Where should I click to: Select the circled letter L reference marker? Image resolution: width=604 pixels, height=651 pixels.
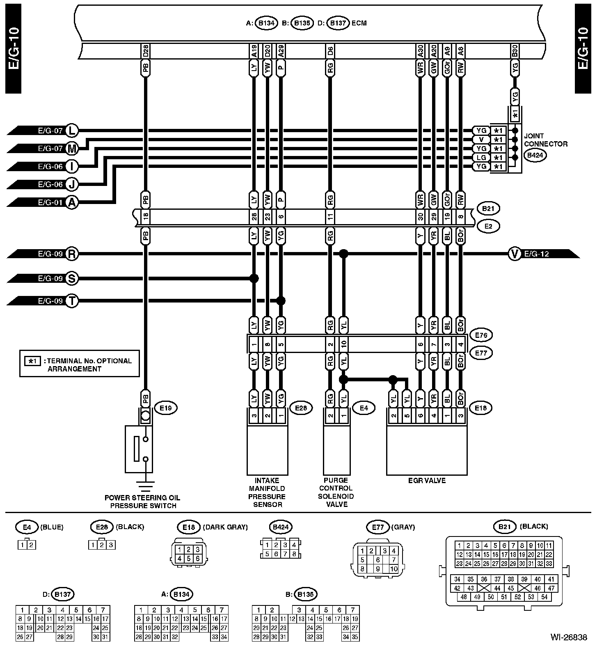pyautogui.click(x=72, y=131)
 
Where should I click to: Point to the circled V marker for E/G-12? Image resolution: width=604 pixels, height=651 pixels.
pyautogui.click(x=515, y=254)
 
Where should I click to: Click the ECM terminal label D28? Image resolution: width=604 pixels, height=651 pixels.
pyautogui.click(x=146, y=51)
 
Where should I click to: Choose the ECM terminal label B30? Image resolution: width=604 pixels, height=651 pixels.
pyautogui.click(x=515, y=51)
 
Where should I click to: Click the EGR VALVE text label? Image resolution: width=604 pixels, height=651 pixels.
pyautogui.click(x=427, y=481)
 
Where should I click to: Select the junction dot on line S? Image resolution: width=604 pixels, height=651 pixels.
pyautogui.click(x=254, y=279)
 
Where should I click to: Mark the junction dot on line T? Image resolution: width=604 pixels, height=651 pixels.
pyautogui.click(x=281, y=301)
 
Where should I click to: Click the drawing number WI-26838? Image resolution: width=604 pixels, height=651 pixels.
pyautogui.click(x=569, y=637)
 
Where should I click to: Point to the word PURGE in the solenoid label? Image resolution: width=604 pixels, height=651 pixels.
pyautogui.click(x=336, y=480)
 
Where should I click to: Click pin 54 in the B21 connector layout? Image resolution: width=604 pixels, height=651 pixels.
pyautogui.click(x=544, y=597)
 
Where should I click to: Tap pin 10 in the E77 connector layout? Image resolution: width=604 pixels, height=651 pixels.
pyautogui.click(x=394, y=569)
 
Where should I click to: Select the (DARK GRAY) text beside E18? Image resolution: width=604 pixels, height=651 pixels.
pyautogui.click(x=226, y=527)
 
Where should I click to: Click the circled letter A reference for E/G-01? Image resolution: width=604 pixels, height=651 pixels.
pyautogui.click(x=72, y=202)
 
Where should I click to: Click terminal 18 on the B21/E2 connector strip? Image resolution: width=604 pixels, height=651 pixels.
pyautogui.click(x=146, y=216)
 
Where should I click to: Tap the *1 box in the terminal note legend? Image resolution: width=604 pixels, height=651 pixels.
pyautogui.click(x=32, y=361)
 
